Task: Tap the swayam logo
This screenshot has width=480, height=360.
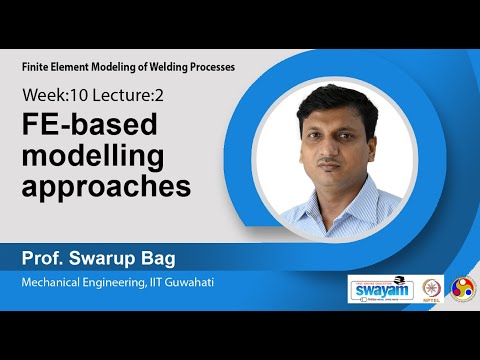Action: (379, 289)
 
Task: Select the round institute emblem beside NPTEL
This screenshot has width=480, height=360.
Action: (463, 289)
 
